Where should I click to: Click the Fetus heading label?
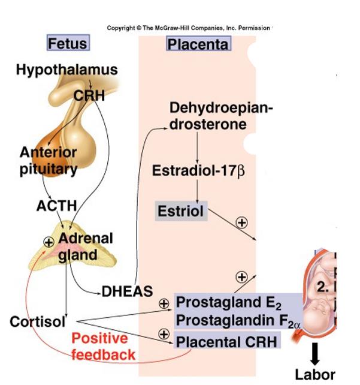tap(67, 44)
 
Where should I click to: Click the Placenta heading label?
tap(198, 44)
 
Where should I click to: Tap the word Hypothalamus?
tap(66, 70)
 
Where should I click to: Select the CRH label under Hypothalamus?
tap(89, 95)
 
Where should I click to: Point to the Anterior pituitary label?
tap(48, 160)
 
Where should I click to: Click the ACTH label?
tap(56, 206)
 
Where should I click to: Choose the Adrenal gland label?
tap(85, 246)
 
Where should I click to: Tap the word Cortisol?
tap(37, 321)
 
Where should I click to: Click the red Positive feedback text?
tap(103, 346)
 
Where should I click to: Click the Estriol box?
tap(180, 211)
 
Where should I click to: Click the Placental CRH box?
tap(227, 342)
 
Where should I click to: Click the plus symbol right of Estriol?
tap(241, 222)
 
